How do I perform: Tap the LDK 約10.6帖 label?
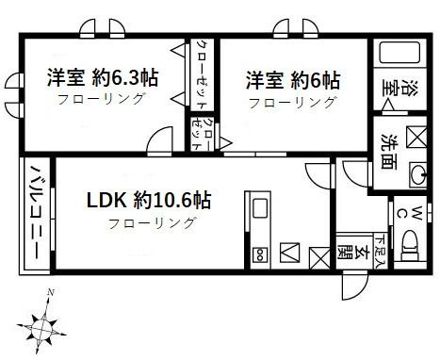150,200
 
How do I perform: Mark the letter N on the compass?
50,291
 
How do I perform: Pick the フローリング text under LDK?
152,223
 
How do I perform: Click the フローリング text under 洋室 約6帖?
292,101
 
